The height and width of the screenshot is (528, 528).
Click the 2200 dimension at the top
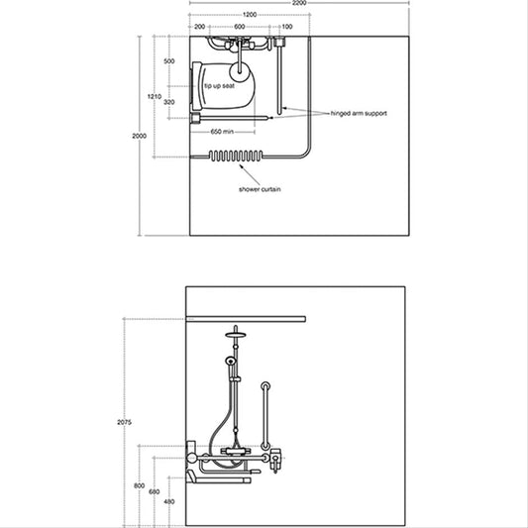pos(299,3)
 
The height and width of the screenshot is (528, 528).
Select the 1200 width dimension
pos(250,15)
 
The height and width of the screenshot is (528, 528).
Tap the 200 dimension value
pos(200,27)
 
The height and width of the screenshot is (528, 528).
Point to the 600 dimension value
pos(240,27)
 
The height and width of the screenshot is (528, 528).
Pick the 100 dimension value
pos(287,27)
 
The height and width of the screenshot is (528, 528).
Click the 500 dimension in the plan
pos(169,61)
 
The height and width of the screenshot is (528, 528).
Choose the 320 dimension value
pos(169,102)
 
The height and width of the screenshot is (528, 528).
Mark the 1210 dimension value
pos(155,97)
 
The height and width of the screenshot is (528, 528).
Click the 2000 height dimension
pos(139,136)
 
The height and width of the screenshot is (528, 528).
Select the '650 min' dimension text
pos(222,132)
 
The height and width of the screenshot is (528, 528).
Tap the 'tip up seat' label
pos(219,86)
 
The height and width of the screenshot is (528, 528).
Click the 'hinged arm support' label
pos(359,114)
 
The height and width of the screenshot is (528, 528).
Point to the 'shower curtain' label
pos(260,189)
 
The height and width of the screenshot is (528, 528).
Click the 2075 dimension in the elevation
pos(124,422)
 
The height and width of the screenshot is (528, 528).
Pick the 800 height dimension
pos(139,486)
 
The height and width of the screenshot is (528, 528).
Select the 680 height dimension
pos(154,492)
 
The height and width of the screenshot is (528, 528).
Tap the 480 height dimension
pos(169,501)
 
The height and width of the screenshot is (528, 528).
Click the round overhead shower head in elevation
pos(236,335)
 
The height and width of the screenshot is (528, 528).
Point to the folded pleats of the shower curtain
pos(236,156)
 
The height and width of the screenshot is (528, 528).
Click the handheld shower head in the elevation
pos(231,361)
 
